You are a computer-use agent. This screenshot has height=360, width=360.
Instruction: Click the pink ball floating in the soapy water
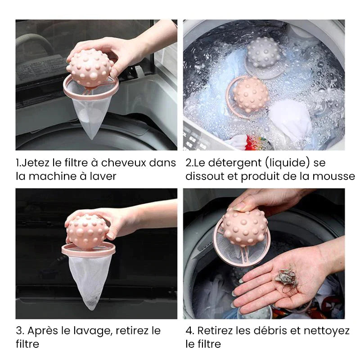tap(251, 94)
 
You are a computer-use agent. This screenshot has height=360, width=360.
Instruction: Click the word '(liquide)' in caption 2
tap(286, 162)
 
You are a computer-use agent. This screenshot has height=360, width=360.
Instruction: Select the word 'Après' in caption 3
tap(43, 331)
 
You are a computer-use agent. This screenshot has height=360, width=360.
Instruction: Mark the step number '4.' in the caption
tap(189, 331)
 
